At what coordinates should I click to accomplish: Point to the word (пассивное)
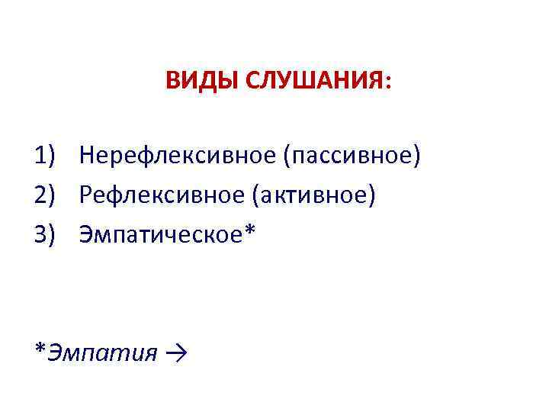tap(352, 156)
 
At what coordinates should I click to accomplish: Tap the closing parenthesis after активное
tap(372, 197)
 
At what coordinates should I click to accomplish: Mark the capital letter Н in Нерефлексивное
tap(88, 156)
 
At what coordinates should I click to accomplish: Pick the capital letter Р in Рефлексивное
tap(86, 196)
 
